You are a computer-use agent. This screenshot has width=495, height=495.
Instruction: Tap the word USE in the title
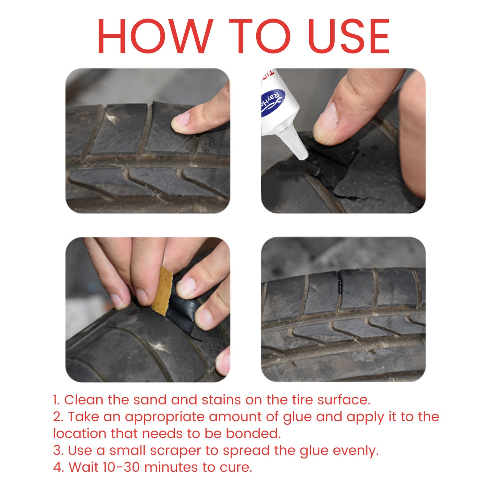pyautogui.click(x=348, y=36)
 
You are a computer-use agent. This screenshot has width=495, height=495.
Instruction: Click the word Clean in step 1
pyautogui.click(x=84, y=400)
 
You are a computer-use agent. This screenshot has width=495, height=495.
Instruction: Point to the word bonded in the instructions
pyautogui.click(x=253, y=434)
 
